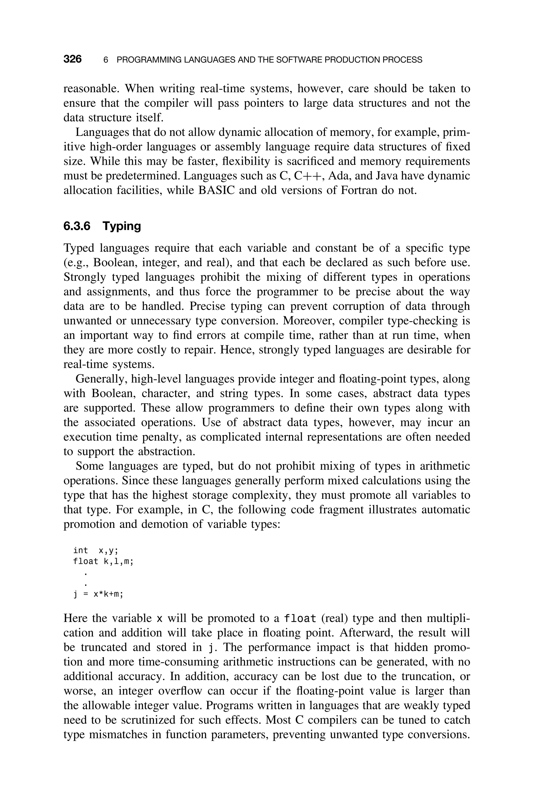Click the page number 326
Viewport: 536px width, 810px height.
pyautogui.click(x=72, y=59)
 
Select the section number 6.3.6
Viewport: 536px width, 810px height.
pyautogui.click(x=77, y=226)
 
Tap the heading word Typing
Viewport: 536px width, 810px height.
pyautogui.click(x=122, y=227)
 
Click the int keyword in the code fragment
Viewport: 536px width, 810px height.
pyautogui.click(x=80, y=550)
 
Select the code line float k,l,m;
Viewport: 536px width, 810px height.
pyautogui.click(x=103, y=561)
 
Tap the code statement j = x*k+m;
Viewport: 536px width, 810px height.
pyautogui.click(x=98, y=594)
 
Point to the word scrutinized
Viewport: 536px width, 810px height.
pyautogui.click(x=157, y=720)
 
